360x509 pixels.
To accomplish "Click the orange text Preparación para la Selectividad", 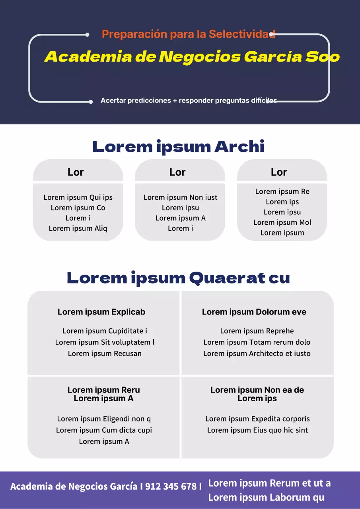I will pyautogui.click(x=188, y=34).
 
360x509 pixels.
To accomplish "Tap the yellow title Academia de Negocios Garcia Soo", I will pyautogui.click(x=192, y=57).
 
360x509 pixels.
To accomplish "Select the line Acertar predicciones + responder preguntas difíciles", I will pyautogui.click(x=189, y=101).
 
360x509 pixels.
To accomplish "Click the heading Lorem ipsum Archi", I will pyautogui.click(x=178, y=147).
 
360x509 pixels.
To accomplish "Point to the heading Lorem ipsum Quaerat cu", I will pyautogui.click(x=178, y=278).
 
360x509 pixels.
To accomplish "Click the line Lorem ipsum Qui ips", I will pyautogui.click(x=78, y=197).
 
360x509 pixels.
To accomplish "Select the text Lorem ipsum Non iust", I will pyautogui.click(x=180, y=197).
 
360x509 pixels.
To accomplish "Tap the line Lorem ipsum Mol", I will pyautogui.click(x=282, y=222).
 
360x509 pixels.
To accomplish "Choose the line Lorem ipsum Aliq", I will pyautogui.click(x=78, y=228).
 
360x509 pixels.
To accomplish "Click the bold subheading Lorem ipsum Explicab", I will pyautogui.click(x=101, y=312).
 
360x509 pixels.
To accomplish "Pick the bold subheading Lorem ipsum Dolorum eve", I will pyautogui.click(x=254, y=312).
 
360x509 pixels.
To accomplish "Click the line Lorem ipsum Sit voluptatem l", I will pyautogui.click(x=105, y=342).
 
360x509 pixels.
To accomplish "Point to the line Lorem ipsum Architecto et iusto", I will pyautogui.click(x=257, y=353).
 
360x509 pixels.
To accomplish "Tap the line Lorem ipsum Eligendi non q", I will pyautogui.click(x=104, y=419).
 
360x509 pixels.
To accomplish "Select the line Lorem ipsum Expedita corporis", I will pyautogui.click(x=257, y=419).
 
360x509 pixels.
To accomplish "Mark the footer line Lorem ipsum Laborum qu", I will pyautogui.click(x=266, y=497).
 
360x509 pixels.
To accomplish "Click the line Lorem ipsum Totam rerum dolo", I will pyautogui.click(x=257, y=342).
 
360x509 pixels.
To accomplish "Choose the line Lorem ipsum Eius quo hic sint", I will pyautogui.click(x=257, y=430).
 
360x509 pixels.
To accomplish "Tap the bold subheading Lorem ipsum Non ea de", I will pyautogui.click(x=257, y=390).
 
